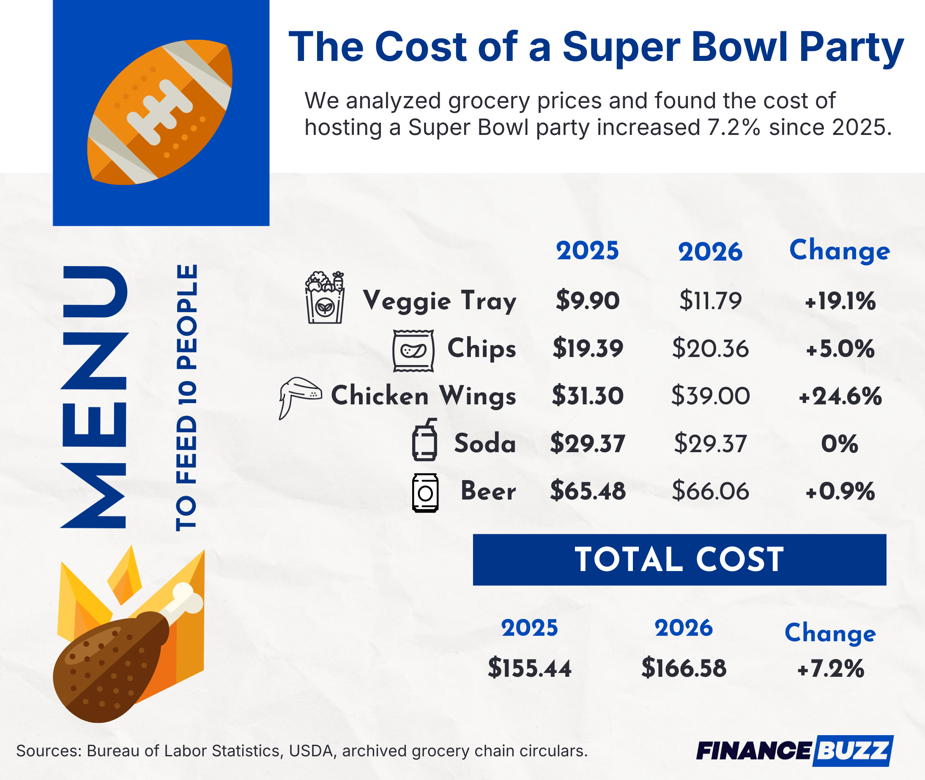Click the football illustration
pos(160,113)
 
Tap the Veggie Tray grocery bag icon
pos(325,298)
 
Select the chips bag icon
pos(413,351)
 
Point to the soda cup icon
pos(425,440)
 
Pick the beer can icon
pos(425,493)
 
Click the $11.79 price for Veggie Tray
pos(710,301)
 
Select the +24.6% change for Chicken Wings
pos(840,396)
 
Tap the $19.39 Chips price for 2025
pos(587,349)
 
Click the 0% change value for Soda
pos(839,443)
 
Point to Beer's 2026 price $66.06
pos(710,491)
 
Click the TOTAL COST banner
pos(679,560)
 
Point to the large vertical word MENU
pos(95,397)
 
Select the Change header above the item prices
pos(839,251)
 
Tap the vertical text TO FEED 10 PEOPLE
pos(186,398)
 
